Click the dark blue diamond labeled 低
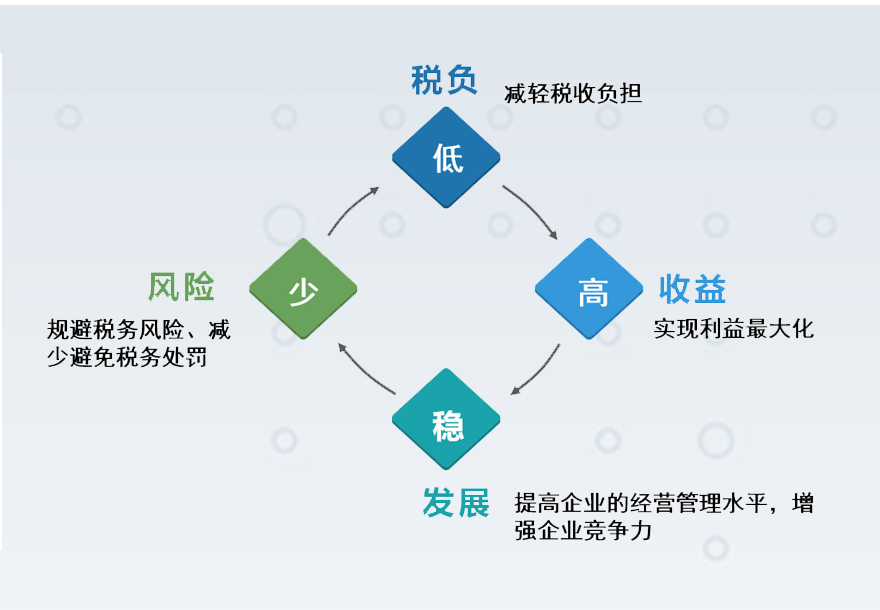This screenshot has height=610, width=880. (x=446, y=158)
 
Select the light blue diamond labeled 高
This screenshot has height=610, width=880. (x=589, y=288)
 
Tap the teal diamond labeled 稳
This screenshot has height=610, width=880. (x=446, y=419)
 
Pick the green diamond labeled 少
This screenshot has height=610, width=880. (x=303, y=288)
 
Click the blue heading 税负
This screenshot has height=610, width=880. (x=444, y=80)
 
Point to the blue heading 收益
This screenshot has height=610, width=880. (x=693, y=289)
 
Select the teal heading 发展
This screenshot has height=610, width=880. (x=456, y=502)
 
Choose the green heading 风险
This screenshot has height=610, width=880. (x=181, y=287)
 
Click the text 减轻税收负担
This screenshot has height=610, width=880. (x=573, y=94)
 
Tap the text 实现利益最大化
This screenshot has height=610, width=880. (x=734, y=329)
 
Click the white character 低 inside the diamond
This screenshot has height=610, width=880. (x=448, y=158)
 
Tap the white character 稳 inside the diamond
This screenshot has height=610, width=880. (x=448, y=425)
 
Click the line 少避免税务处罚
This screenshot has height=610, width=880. (x=127, y=357)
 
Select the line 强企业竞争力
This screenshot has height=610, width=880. (x=583, y=530)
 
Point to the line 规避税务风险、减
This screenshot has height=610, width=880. (x=139, y=329)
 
